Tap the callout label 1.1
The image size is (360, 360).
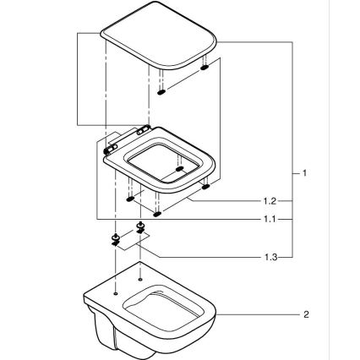[x=269, y=218]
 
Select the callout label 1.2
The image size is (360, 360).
[x=269, y=202]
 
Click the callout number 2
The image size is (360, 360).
[x=305, y=314]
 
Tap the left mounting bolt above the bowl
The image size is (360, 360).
[x=114, y=239]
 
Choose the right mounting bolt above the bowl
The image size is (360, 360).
[x=141, y=229]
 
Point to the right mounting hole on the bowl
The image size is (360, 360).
[x=139, y=278]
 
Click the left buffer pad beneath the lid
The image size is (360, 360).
[x=161, y=93]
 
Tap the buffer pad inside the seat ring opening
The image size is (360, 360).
[x=178, y=170]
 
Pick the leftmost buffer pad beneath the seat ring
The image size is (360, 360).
[x=129, y=200]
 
